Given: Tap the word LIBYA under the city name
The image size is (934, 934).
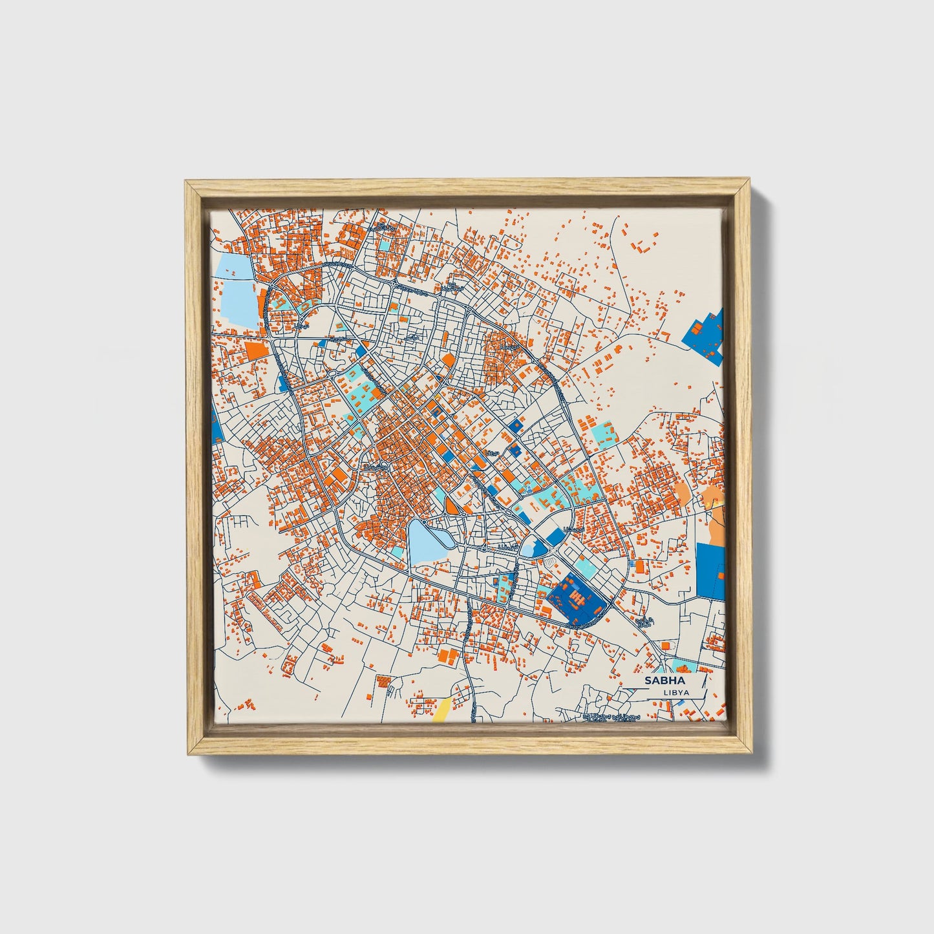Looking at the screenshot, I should tap(676, 692).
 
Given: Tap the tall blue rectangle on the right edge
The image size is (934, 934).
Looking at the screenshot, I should tap(710, 569).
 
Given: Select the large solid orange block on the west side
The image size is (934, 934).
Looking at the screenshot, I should tap(257, 350).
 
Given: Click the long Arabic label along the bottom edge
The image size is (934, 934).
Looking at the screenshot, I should tap(611, 717).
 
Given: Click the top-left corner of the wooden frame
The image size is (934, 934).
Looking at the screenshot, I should tap(187, 183).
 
